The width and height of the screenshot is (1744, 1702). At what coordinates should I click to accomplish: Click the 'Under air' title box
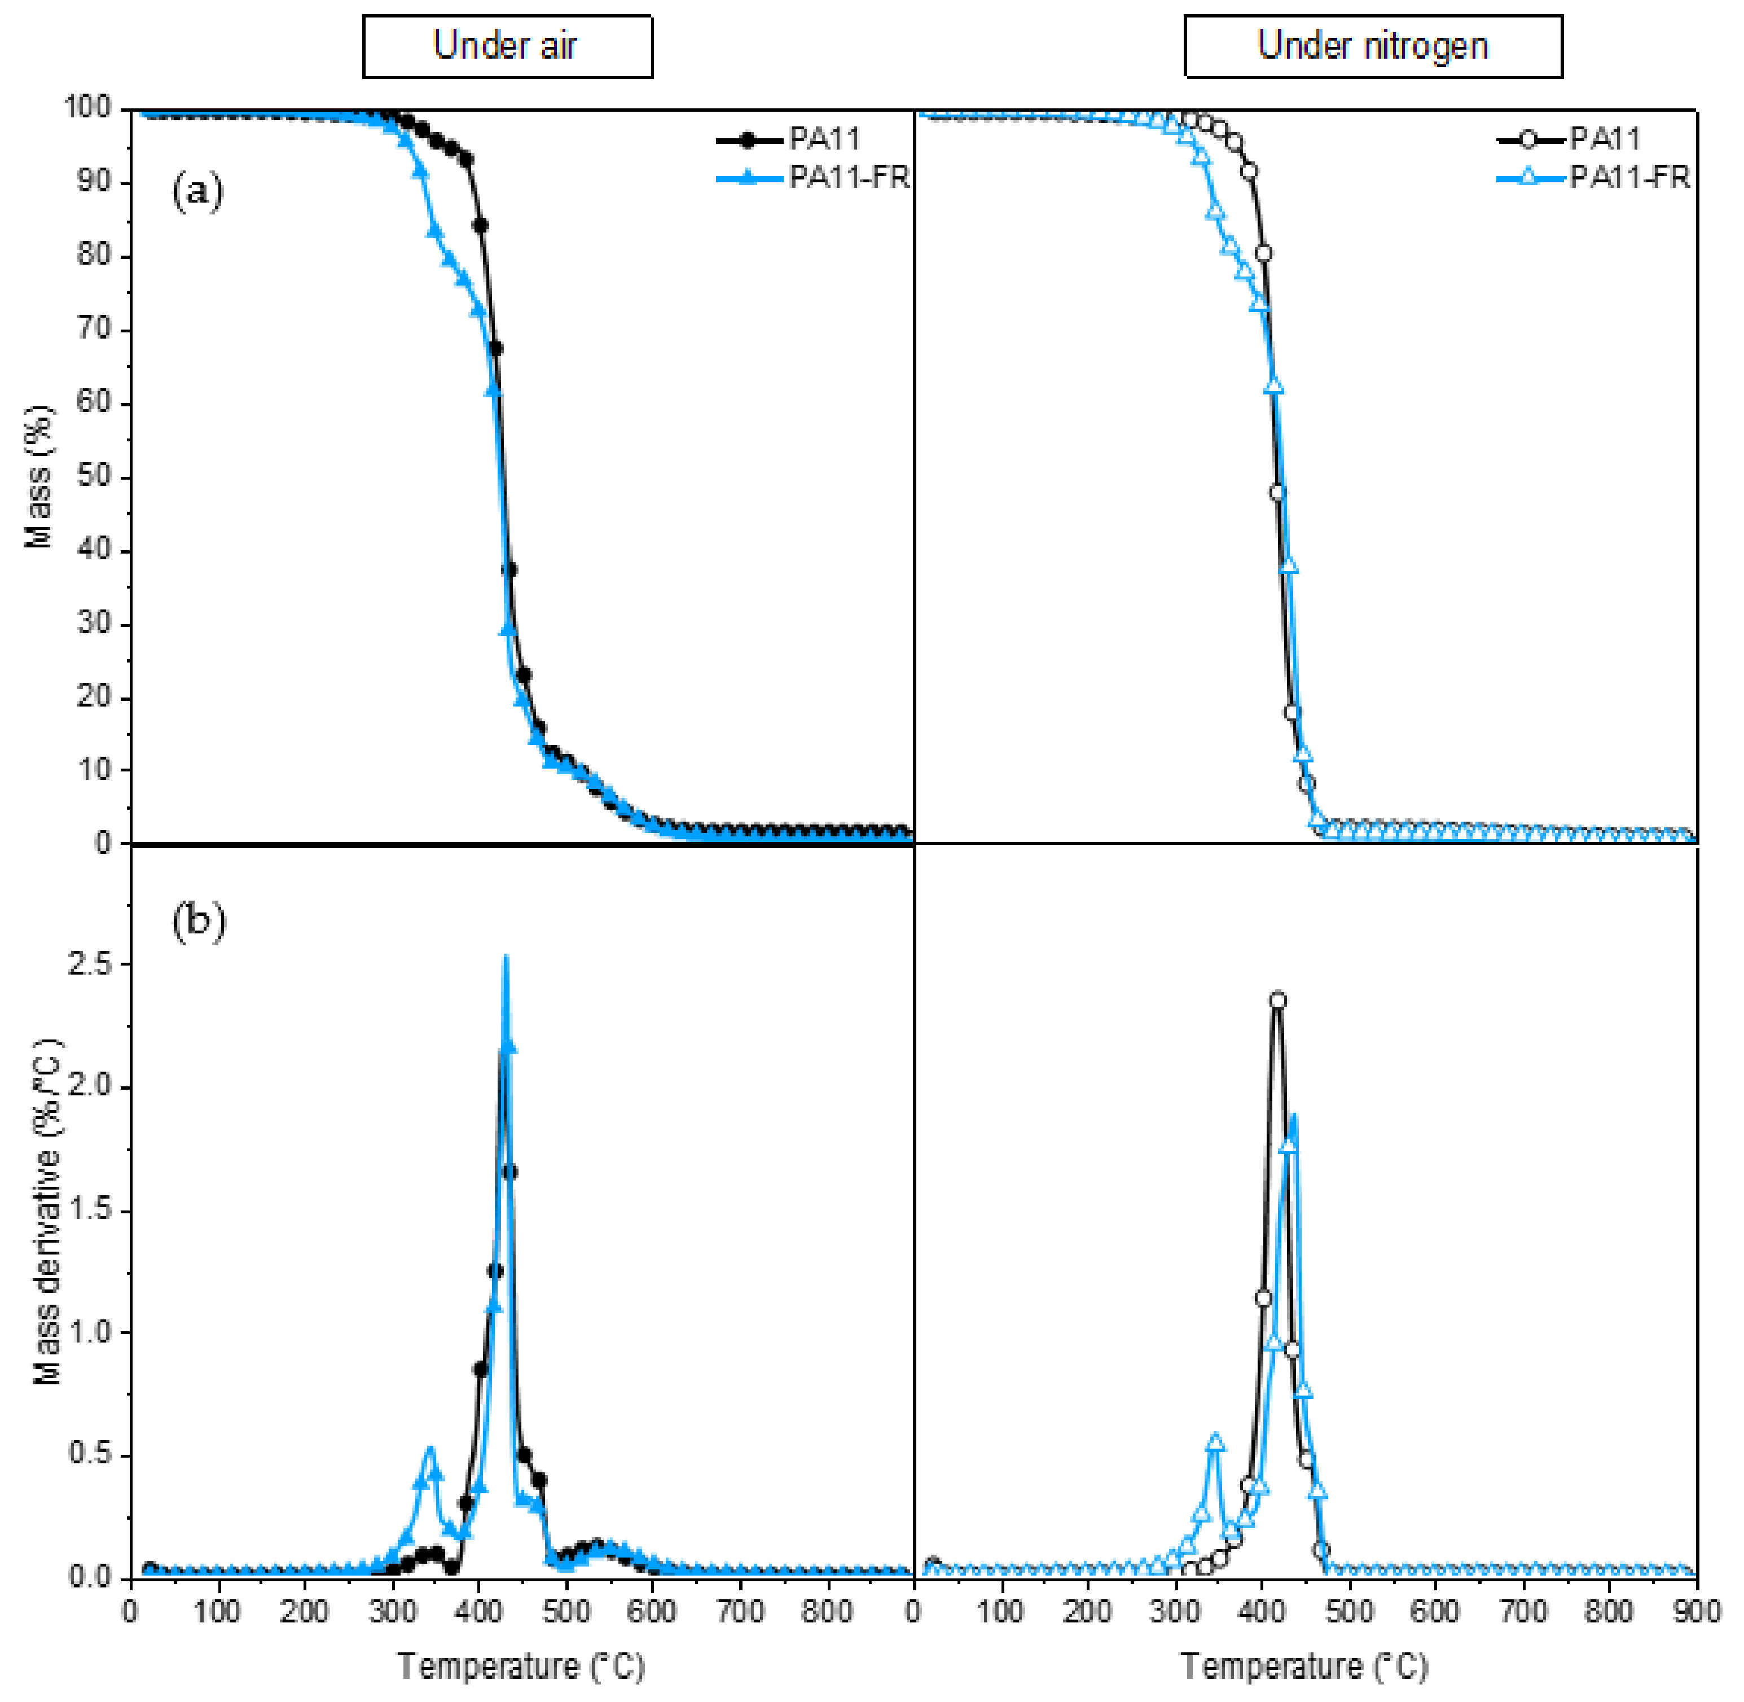(x=507, y=46)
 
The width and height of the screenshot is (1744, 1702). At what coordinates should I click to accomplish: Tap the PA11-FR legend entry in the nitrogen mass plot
(x=1593, y=178)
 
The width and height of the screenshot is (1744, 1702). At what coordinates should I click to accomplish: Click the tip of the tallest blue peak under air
(x=506, y=958)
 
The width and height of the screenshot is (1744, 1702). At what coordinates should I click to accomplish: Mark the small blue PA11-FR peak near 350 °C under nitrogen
(x=1215, y=1442)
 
